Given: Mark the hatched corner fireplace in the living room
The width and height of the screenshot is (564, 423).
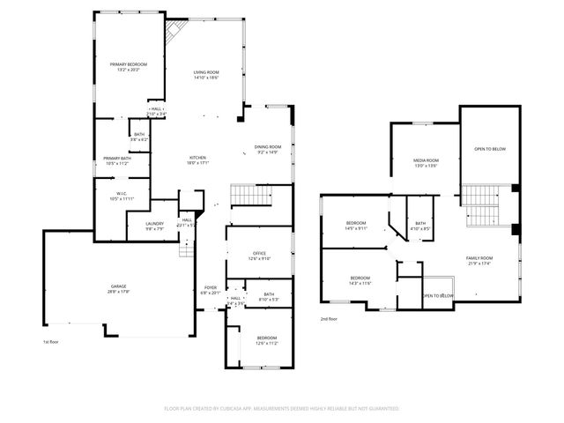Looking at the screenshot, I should [174, 33].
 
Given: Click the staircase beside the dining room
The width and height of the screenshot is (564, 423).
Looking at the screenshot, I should [248, 195].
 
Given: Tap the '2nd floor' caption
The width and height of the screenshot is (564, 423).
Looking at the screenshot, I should [328, 318].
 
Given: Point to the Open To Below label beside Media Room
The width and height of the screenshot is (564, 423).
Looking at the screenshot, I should [490, 149].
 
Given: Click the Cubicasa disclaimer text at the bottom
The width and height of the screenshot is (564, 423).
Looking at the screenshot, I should [282, 409].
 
